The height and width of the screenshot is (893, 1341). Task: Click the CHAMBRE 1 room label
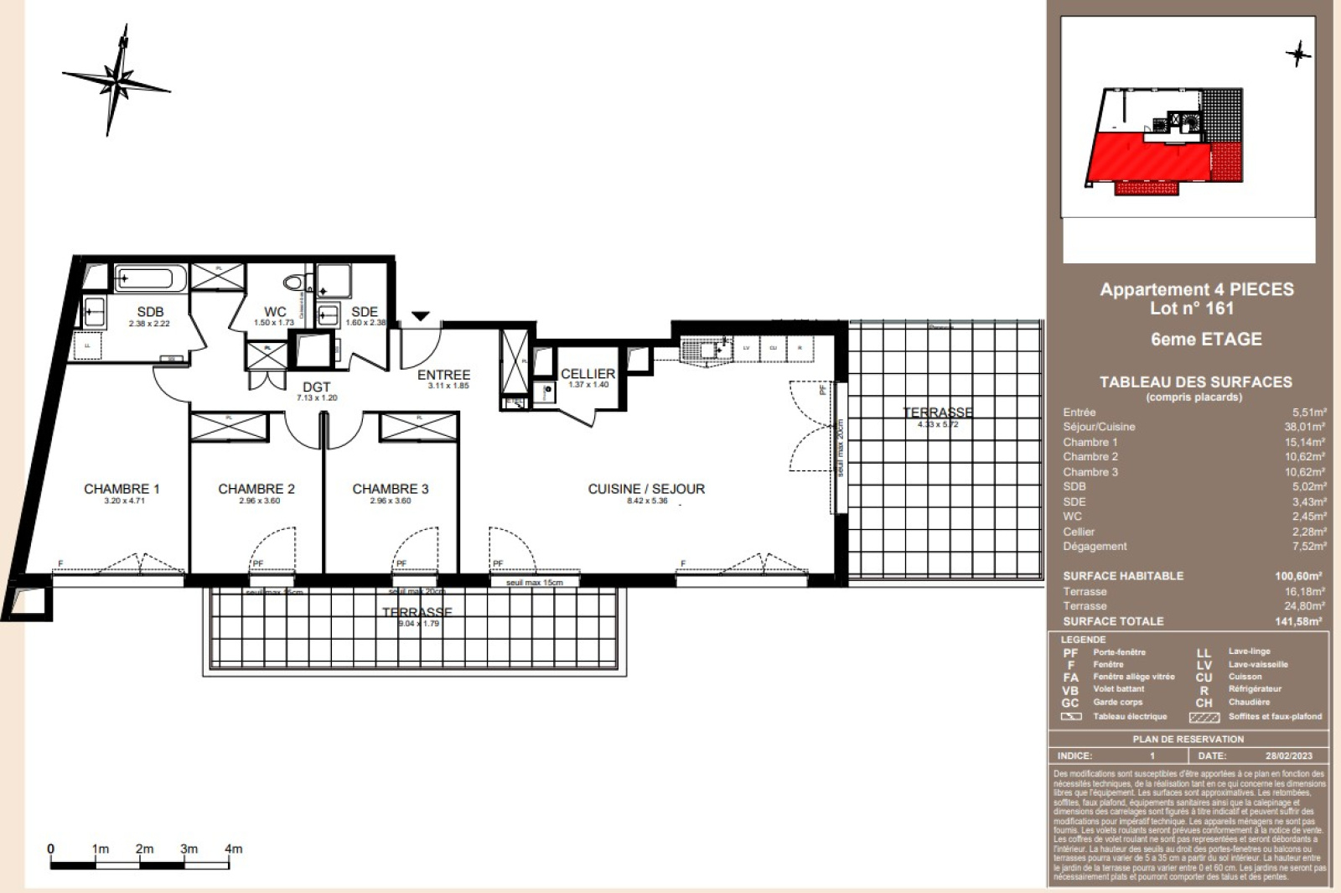[122, 489]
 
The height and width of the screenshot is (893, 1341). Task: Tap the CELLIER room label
[588, 374]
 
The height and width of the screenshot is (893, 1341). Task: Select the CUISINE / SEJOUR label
[646, 489]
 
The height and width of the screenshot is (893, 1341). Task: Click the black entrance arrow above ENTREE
[421, 316]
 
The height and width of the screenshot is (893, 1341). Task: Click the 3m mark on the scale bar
[189, 849]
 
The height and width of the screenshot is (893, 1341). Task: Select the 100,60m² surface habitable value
[1297, 576]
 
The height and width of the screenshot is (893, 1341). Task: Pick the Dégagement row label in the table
[1095, 546]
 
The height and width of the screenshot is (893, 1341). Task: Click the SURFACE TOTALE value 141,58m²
[1297, 621]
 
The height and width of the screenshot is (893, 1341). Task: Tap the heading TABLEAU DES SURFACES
[1195, 382]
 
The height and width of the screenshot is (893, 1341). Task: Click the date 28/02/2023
[1288, 755]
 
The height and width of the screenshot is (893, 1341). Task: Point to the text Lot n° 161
[1191, 309]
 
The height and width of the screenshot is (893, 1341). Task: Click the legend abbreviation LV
[1204, 665]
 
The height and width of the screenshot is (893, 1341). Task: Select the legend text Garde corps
[1117, 703]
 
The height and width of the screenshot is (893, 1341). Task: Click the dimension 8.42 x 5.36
[647, 501]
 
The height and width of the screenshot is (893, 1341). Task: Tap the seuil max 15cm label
[534, 582]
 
